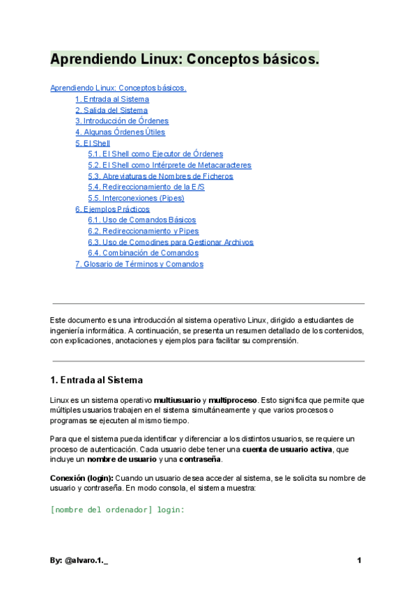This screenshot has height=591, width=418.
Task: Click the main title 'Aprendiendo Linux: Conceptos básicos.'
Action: (184, 59)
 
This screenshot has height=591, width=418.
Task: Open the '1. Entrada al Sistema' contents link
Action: (111, 100)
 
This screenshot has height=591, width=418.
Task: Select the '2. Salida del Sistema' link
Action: (111, 110)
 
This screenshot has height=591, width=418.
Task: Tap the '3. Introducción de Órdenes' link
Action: (122, 121)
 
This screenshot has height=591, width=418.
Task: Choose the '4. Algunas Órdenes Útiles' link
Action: (120, 132)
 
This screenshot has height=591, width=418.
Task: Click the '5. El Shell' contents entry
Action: (93, 143)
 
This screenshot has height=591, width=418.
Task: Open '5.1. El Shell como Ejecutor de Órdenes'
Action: (155, 154)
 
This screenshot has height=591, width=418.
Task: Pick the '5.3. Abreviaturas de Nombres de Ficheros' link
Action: (160, 176)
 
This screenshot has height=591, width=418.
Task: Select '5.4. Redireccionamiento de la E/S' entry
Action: (146, 187)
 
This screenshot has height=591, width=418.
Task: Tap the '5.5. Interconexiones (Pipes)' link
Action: (136, 198)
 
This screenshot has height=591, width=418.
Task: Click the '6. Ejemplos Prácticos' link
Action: (112, 209)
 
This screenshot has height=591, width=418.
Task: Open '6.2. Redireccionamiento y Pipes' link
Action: (143, 231)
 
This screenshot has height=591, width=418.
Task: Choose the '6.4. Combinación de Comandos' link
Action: (143, 253)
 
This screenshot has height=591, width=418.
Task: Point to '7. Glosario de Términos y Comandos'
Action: (139, 264)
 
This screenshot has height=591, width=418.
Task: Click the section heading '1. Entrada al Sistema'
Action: (96, 381)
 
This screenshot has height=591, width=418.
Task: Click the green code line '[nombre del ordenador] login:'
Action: (117, 509)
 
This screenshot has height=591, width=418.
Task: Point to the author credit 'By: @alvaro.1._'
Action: (79, 560)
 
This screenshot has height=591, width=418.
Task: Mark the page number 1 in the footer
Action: (359, 560)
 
